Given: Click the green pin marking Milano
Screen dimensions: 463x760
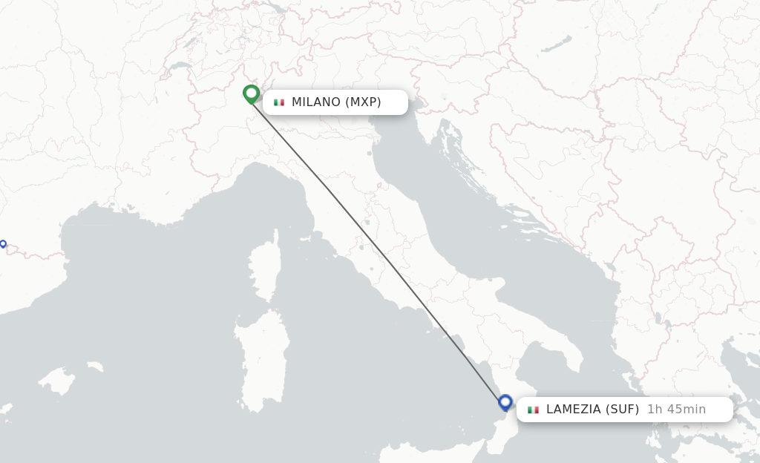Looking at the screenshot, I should (251, 94).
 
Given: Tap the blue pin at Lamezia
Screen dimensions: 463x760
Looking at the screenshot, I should (505, 403).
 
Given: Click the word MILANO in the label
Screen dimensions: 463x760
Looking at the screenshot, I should (315, 102).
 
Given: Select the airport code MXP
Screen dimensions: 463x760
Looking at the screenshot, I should (363, 102).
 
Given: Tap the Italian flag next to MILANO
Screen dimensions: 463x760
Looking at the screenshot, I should (279, 102).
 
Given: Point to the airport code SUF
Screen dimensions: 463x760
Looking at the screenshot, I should (621, 409).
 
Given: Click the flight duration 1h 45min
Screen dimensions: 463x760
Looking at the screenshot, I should (676, 409).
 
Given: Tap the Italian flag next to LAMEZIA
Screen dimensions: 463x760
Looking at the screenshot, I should (533, 409).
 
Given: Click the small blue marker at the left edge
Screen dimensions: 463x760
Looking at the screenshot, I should (3, 243).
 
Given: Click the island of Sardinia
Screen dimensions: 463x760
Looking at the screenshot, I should (261, 360).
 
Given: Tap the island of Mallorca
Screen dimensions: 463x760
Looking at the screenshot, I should (56, 381).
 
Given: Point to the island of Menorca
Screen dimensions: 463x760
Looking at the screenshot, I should (94, 367).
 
